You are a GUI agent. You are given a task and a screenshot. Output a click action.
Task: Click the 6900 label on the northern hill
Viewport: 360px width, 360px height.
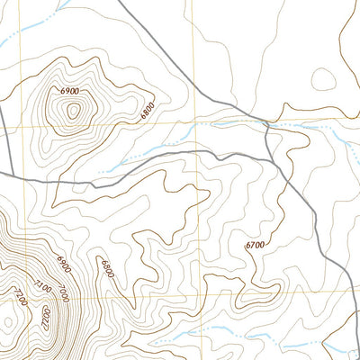[70, 92]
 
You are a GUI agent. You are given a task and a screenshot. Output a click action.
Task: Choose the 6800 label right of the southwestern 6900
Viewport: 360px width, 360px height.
[107, 268]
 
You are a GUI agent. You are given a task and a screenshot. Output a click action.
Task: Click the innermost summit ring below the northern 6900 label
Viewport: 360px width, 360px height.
[72, 111]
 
